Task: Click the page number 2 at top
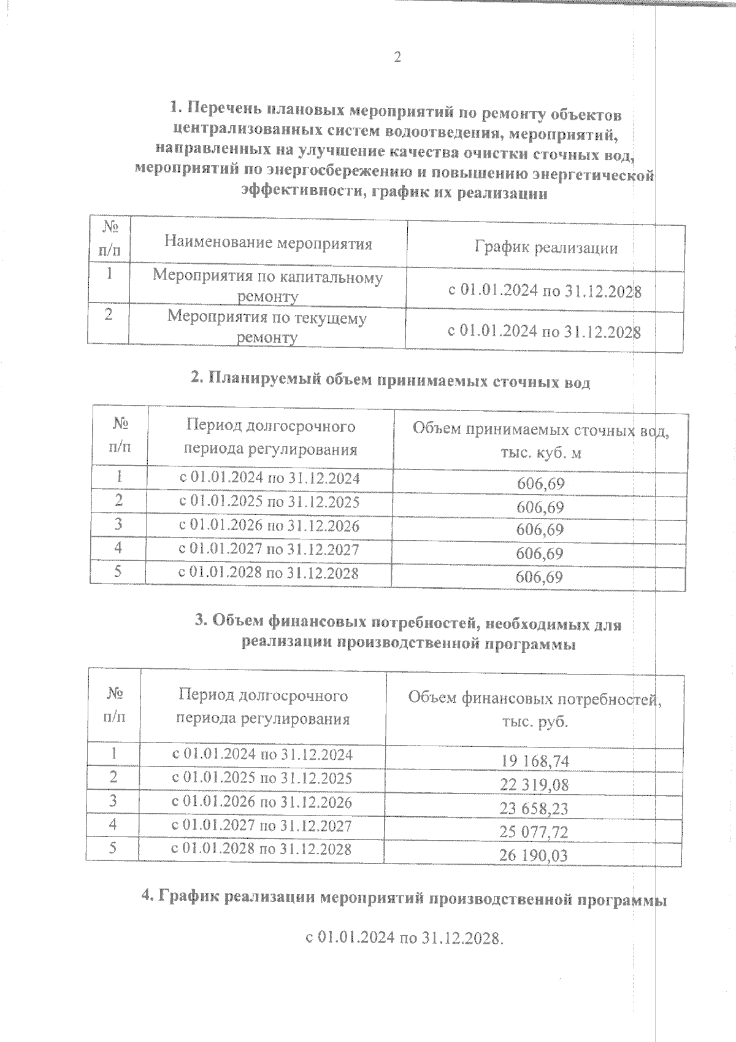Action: pos(397,58)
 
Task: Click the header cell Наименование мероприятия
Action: pos(268,244)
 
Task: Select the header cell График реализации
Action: pos(545,248)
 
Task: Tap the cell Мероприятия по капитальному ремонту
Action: pos(267,286)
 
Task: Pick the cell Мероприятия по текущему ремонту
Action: pos(267,327)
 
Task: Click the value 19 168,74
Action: pos(534,762)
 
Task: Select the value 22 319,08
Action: pos(534,785)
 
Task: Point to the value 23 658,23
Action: pos(534,809)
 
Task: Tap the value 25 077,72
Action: pos(534,832)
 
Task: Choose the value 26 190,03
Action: pos(534,855)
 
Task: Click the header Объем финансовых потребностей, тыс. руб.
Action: pos(534,709)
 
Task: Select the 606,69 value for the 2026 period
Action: pos(540,530)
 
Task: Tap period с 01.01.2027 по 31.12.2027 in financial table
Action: pos(262,826)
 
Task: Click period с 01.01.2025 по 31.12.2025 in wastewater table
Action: pos(269,502)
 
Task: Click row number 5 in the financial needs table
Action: pos(112,848)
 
